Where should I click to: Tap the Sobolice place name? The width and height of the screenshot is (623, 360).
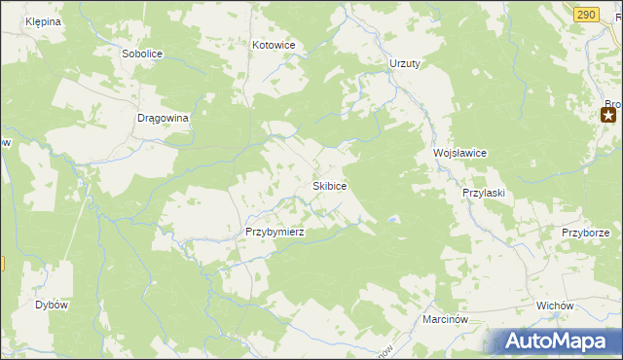pyautogui.click(x=143, y=54)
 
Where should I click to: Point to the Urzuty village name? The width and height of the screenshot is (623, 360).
pyautogui.click(x=404, y=63)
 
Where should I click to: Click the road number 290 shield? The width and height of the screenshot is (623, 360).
pyautogui.click(x=585, y=14)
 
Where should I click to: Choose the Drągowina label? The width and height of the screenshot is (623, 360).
pyautogui.click(x=163, y=117)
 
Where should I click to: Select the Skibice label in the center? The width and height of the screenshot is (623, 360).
pyautogui.click(x=329, y=185)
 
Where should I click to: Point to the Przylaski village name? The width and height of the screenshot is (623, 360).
pyautogui.click(x=483, y=193)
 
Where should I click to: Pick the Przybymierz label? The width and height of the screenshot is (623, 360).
pyautogui.click(x=275, y=232)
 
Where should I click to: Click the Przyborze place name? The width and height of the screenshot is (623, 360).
pyautogui.click(x=585, y=233)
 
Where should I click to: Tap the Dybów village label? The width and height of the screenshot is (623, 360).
pyautogui.click(x=52, y=305)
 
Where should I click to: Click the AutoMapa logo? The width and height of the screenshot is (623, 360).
pyautogui.click(x=552, y=342)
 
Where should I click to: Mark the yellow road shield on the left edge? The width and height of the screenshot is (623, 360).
pyautogui.click(x=2, y=264)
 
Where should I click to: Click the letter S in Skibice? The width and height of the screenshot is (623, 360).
pyautogui.click(x=314, y=185)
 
